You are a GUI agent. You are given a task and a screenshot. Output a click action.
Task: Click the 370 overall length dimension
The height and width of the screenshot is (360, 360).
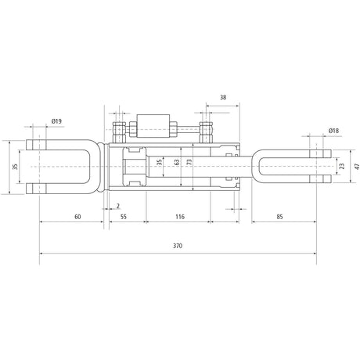[178, 246]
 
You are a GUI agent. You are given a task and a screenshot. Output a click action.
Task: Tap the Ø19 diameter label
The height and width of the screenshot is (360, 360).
[56, 121]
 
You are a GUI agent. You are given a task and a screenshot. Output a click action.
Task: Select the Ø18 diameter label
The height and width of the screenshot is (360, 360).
[333, 131]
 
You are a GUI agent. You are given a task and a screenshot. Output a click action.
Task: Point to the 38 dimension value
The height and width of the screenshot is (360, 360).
[223, 98]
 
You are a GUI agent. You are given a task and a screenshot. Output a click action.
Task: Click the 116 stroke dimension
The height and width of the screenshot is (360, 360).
[180, 217]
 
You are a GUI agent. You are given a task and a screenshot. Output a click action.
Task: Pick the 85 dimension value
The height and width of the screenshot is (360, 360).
[279, 217]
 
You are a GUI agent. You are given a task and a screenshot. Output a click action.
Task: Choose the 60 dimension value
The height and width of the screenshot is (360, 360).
[77, 217]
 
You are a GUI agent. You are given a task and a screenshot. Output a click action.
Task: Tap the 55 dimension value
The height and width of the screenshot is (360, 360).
[124, 217]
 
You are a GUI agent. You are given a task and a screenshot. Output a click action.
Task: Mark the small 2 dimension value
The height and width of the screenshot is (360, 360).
[118, 206]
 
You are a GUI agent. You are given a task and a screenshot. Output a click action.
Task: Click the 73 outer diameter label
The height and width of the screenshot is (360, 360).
[189, 162]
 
